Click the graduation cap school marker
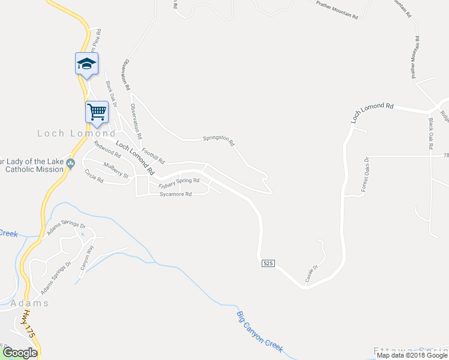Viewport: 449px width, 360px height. [86, 63]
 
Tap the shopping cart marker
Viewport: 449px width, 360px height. [96, 112]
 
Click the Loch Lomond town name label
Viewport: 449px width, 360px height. [76, 133]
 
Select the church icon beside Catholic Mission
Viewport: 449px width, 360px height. [71, 163]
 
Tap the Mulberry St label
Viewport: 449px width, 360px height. [116, 170]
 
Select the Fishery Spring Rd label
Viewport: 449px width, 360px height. [179, 183]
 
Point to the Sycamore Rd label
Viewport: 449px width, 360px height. [175, 194]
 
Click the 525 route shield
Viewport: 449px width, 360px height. [268, 264]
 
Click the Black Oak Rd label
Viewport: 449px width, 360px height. [431, 134]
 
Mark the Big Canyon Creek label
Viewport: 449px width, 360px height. [259, 332]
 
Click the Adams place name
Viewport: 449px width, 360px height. [29, 303]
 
